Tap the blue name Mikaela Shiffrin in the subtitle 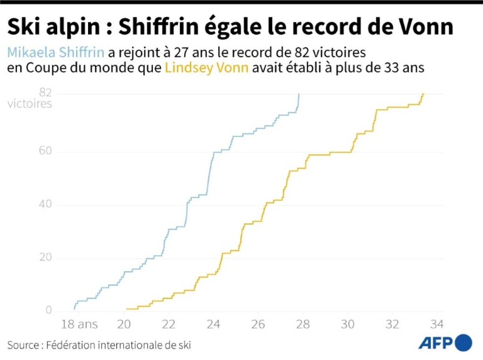coord(56,52)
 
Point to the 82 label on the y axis coord(46,93)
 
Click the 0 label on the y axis coord(49,310)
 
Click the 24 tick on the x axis coord(213,324)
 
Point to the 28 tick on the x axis coord(303,324)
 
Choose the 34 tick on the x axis coord(437,324)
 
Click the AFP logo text coord(435,343)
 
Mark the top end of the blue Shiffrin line coord(299,94)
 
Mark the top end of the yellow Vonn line coord(423,94)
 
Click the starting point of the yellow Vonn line coord(127,309)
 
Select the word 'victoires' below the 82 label coord(30,104)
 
